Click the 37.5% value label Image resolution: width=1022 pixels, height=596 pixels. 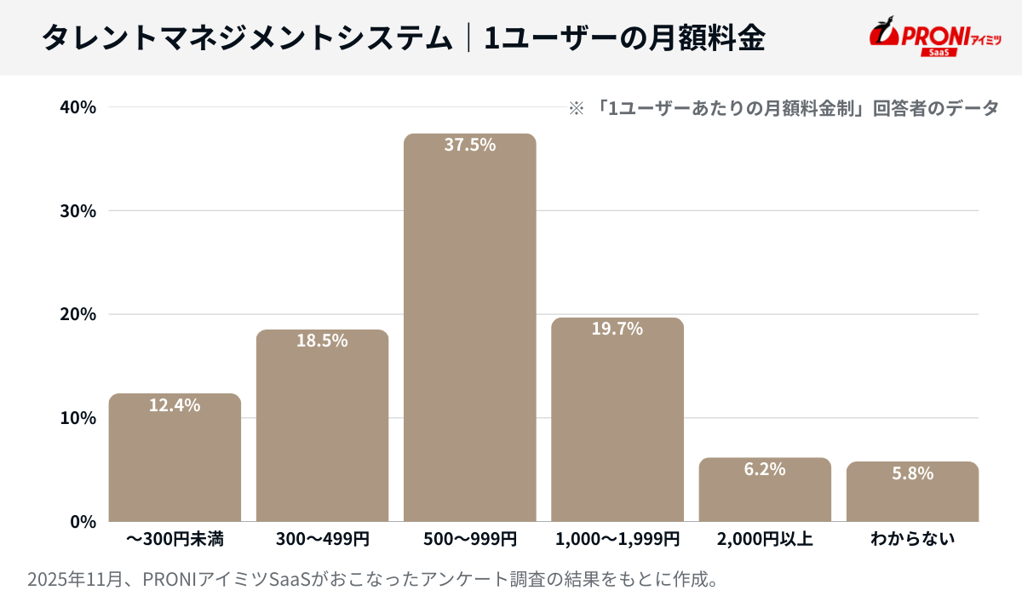pyautogui.click(x=469, y=145)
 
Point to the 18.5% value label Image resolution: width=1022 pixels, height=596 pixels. pyautogui.click(x=322, y=341)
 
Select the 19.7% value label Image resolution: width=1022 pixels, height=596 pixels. pyautogui.click(x=617, y=329)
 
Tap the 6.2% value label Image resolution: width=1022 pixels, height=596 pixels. pyautogui.click(x=765, y=469)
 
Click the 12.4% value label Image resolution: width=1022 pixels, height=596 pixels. pyautogui.click(x=175, y=405)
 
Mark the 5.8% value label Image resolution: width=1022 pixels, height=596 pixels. pyautogui.click(x=912, y=473)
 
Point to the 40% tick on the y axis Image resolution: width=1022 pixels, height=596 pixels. pyautogui.click(x=78, y=107)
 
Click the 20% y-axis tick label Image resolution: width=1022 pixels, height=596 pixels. pyautogui.click(x=78, y=314)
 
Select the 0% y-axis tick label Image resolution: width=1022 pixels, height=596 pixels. pyautogui.click(x=82, y=521)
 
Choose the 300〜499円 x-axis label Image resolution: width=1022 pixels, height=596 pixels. pyautogui.click(x=322, y=539)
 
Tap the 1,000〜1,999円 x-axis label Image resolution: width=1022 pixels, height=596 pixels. pyautogui.click(x=617, y=539)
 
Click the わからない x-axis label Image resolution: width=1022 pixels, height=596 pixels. pyautogui.click(x=912, y=539)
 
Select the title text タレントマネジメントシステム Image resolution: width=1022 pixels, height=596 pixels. pyautogui.click(x=247, y=38)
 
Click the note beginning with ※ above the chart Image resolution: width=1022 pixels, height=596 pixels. pyautogui.click(x=784, y=108)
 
